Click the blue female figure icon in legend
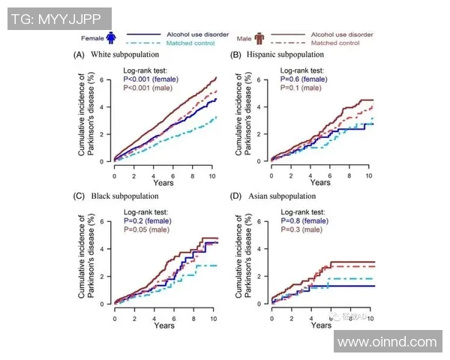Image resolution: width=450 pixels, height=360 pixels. tap(111, 37)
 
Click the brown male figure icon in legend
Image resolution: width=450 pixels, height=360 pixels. tap(259, 37)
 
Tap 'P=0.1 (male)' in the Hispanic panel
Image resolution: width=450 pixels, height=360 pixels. tap(301, 88)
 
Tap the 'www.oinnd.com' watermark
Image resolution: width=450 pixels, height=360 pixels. tap(386, 342)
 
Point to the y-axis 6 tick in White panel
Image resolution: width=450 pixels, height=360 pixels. tap(106, 79)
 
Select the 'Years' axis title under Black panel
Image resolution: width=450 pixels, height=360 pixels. tap(164, 325)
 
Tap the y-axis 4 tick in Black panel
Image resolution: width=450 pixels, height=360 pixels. tap(106, 249)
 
